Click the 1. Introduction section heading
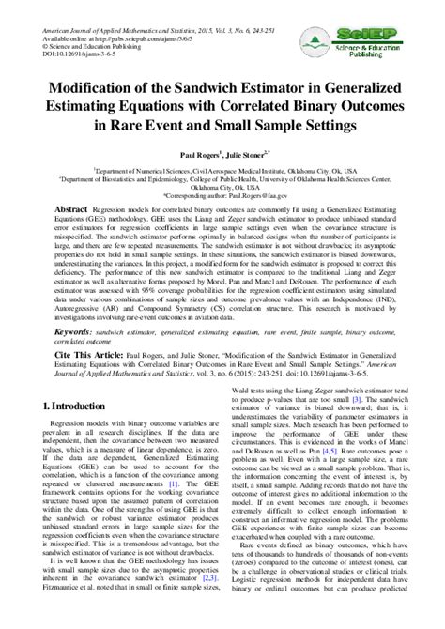tap(75, 406)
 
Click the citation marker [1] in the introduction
tap(186, 483)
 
